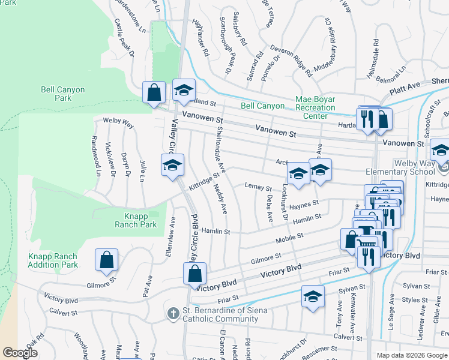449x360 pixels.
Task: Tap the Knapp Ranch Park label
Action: click(x=136, y=220)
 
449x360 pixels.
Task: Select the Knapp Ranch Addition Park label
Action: click(x=53, y=260)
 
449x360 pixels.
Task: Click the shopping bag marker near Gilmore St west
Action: click(x=106, y=260)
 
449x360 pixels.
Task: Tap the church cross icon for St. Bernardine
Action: click(x=173, y=314)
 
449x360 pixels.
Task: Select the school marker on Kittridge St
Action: click(x=172, y=166)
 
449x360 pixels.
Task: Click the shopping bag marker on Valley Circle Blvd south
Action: click(x=194, y=274)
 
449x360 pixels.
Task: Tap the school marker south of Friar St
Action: click(x=313, y=297)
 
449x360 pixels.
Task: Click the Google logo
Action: click(x=20, y=353)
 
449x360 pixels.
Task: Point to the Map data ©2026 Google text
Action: click(x=411, y=355)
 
